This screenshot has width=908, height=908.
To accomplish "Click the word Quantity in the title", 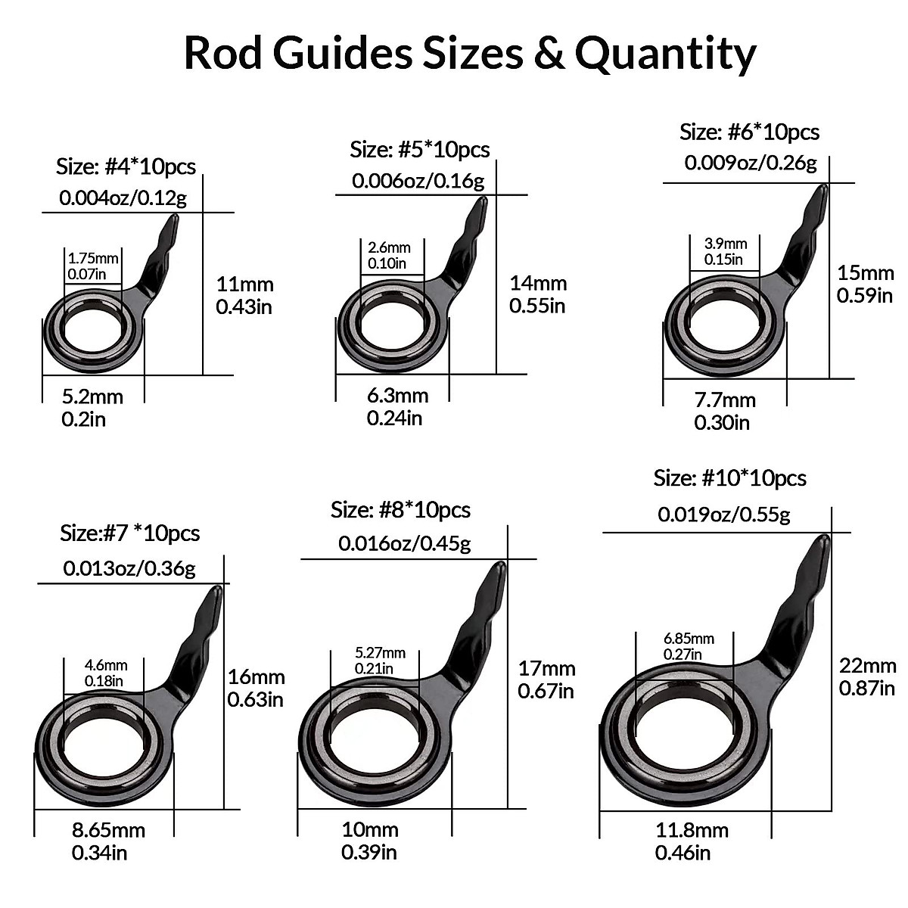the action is [x=665, y=53].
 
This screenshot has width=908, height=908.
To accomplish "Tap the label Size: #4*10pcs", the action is [x=126, y=166].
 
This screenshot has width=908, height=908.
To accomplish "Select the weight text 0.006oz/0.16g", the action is [x=418, y=182].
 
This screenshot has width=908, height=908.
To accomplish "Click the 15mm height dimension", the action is [x=865, y=272].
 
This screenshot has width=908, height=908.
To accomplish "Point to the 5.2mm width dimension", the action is [x=92, y=395].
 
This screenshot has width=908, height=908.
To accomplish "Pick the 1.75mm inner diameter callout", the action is [x=93, y=258].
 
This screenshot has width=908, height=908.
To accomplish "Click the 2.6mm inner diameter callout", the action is [x=389, y=247].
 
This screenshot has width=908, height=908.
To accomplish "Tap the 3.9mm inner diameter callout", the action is [x=726, y=244].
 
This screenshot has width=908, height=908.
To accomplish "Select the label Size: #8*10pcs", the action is [x=400, y=510].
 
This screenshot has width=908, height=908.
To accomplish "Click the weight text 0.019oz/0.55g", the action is [x=723, y=515].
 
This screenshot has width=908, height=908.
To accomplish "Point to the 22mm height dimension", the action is [x=867, y=665].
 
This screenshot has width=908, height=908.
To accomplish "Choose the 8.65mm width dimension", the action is [x=108, y=831].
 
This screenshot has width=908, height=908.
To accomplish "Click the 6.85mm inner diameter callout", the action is [x=688, y=639].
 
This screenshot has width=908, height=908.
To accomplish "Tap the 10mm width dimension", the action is [x=369, y=829].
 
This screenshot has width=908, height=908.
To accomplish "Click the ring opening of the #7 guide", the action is [x=104, y=745].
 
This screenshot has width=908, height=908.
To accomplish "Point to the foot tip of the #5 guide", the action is [x=481, y=203].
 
